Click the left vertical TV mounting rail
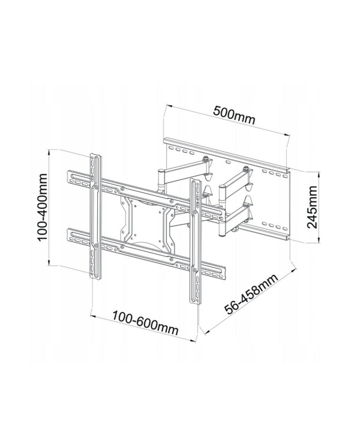tap(96, 216)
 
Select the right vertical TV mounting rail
tap(195, 242)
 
